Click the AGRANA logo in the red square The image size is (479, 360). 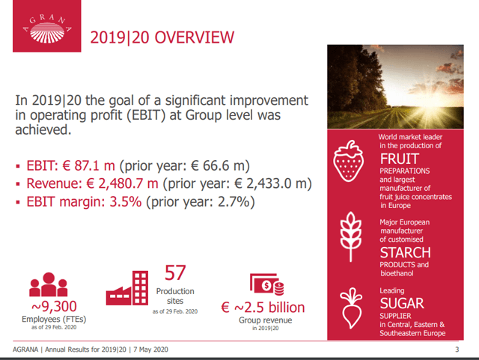[x=47, y=28]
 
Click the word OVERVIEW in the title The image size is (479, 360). [x=195, y=37]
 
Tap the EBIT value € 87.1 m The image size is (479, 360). [x=88, y=165]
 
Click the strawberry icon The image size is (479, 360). [x=349, y=161]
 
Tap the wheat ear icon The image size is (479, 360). [x=351, y=237]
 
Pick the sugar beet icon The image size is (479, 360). [x=351, y=308]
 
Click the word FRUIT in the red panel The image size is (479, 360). [x=400, y=159]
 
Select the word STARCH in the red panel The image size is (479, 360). [x=406, y=253]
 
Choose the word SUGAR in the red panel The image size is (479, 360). [x=402, y=303]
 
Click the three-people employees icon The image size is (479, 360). [x=48, y=284]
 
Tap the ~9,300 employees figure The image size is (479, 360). [x=54, y=307]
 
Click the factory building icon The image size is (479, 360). [x=127, y=288]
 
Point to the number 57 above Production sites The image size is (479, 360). [x=175, y=273]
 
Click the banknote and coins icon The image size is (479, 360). [x=267, y=284]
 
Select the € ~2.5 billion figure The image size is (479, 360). [x=263, y=308]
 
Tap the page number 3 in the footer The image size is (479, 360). [x=457, y=350]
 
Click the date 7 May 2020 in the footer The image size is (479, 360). [x=150, y=350]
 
